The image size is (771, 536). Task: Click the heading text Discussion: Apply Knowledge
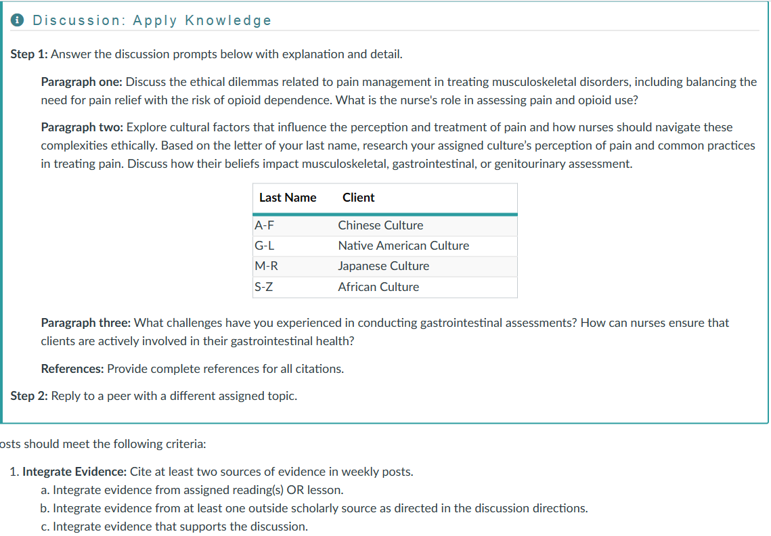[152, 20]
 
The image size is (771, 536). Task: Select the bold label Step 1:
[29, 53]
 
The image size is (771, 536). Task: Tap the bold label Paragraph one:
[81, 82]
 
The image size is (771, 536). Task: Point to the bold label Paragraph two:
[82, 127]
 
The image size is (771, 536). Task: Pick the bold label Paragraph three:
[86, 323]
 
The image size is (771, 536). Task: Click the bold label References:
[72, 369]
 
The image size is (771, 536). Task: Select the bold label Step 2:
[29, 396]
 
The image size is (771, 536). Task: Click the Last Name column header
[288, 198]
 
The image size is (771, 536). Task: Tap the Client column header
[358, 198]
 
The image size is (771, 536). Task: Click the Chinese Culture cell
[380, 225]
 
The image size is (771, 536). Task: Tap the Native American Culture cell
[403, 246]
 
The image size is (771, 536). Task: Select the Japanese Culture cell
[383, 266]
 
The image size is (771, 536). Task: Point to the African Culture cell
[378, 287]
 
